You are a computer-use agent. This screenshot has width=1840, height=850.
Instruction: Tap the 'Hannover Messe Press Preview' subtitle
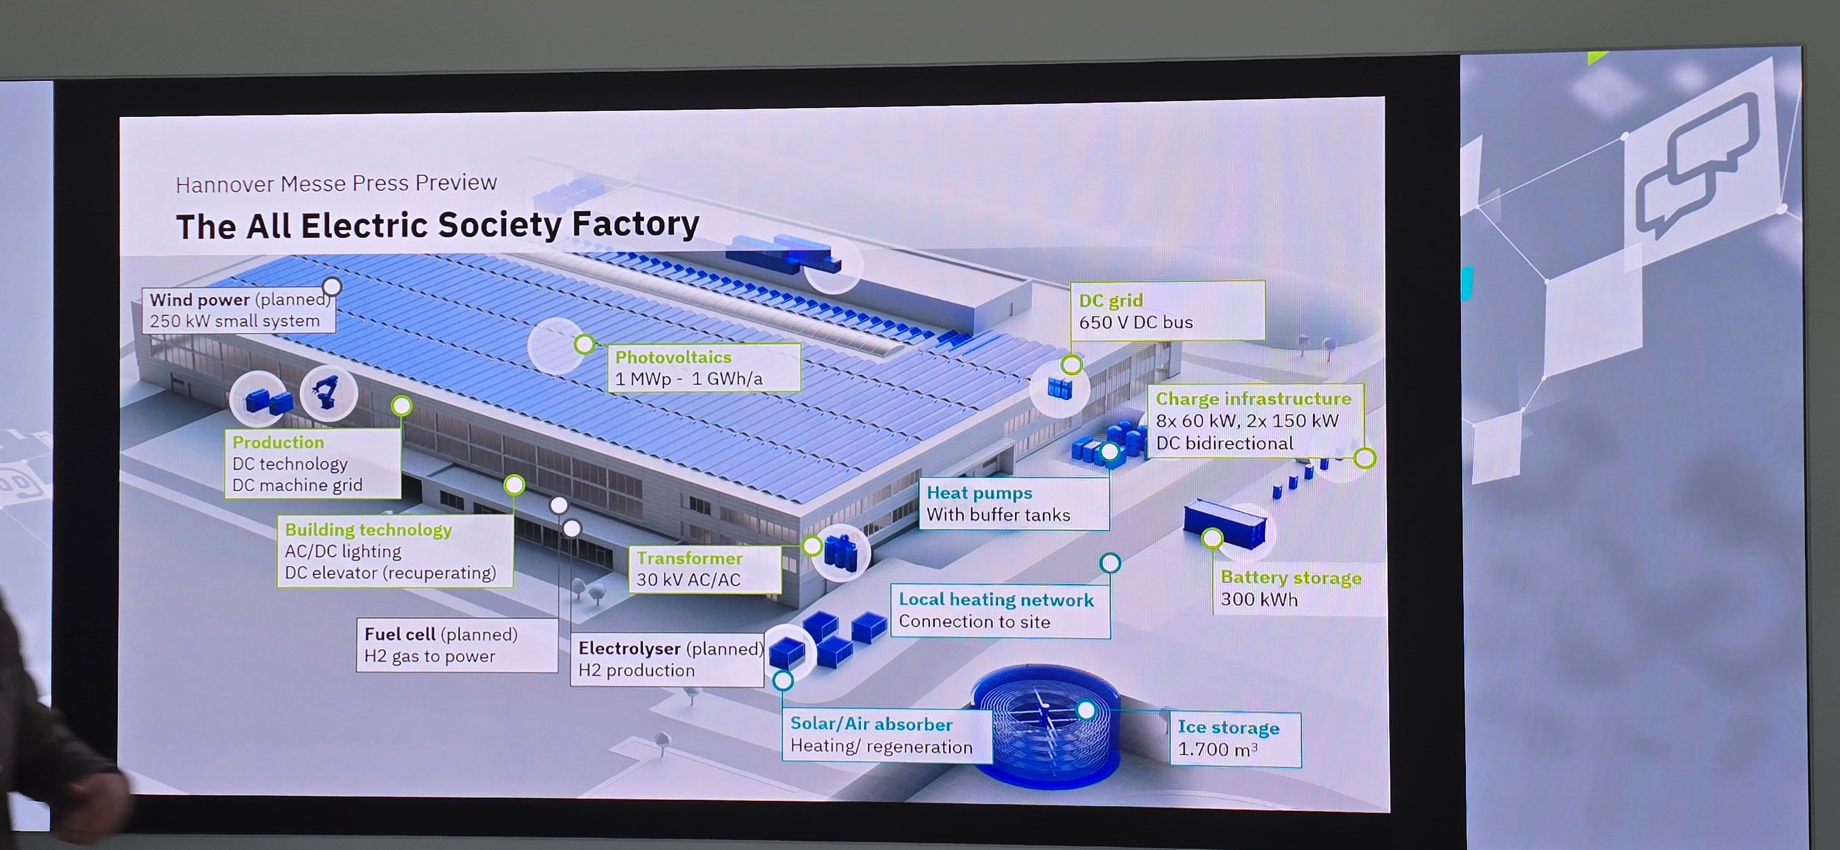336,184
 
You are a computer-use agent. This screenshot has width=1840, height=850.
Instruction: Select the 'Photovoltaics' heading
673,357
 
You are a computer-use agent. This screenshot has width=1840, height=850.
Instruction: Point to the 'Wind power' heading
199,300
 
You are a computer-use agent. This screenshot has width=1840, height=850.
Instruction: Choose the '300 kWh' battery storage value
1259,600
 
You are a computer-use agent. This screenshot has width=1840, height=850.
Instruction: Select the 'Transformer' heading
689,558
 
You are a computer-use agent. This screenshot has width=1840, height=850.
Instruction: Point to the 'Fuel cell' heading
399,634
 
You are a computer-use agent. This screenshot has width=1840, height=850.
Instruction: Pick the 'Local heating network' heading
996,600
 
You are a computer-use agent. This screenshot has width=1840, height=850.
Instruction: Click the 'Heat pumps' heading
979,493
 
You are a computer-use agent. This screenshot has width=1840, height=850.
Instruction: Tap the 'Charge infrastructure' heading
1253,399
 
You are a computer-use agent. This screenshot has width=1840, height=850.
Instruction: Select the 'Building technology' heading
368,530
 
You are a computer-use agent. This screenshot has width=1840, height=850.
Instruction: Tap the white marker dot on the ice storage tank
1086,710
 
